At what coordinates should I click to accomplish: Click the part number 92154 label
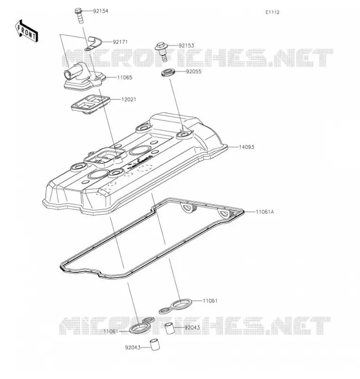101,11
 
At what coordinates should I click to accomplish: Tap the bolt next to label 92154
79,16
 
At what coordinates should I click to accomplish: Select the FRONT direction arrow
27,31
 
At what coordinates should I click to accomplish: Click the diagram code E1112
272,12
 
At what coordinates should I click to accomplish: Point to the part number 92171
120,42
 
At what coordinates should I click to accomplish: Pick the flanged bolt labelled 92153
162,52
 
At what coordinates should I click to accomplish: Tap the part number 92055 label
194,72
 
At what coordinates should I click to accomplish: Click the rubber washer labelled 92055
167,73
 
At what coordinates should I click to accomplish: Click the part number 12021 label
129,99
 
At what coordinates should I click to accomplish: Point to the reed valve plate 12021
91,104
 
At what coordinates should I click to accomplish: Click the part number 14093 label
246,147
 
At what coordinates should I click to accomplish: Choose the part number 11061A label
265,212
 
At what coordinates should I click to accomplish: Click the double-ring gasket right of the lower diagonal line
175,306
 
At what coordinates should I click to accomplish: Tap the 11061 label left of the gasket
111,331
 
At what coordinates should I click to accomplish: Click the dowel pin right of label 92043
170,328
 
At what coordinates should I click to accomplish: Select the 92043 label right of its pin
192,327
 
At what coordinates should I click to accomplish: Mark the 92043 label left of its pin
133,348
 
